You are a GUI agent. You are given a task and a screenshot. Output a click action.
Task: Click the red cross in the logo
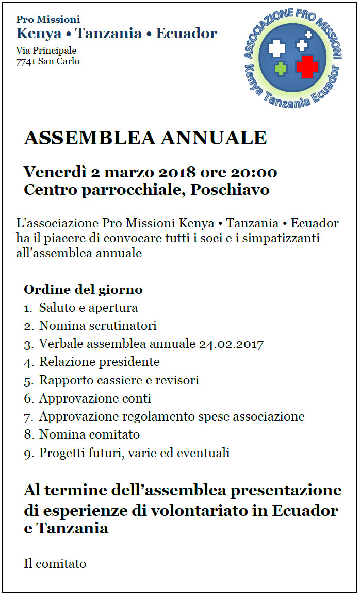(307, 66)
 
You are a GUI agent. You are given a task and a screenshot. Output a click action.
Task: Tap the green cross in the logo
(281, 68)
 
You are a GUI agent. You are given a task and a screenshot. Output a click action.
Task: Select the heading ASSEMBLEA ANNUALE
(145, 138)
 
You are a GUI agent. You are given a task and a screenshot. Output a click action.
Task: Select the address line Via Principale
(46, 51)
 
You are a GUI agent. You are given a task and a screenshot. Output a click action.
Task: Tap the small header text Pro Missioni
(48, 20)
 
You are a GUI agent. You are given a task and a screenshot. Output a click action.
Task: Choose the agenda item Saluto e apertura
(88, 308)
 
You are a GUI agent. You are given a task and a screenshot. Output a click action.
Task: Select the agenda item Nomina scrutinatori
(97, 326)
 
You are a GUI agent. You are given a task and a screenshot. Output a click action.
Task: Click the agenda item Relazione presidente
(100, 362)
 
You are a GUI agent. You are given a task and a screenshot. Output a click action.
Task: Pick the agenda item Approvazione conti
(95, 398)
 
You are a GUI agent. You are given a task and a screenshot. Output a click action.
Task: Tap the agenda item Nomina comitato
(89, 434)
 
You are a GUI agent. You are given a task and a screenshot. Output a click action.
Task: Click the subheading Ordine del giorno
(83, 289)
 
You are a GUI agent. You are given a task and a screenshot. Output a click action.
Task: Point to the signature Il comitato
(55, 563)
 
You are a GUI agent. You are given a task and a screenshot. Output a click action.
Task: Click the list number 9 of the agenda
(28, 454)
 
